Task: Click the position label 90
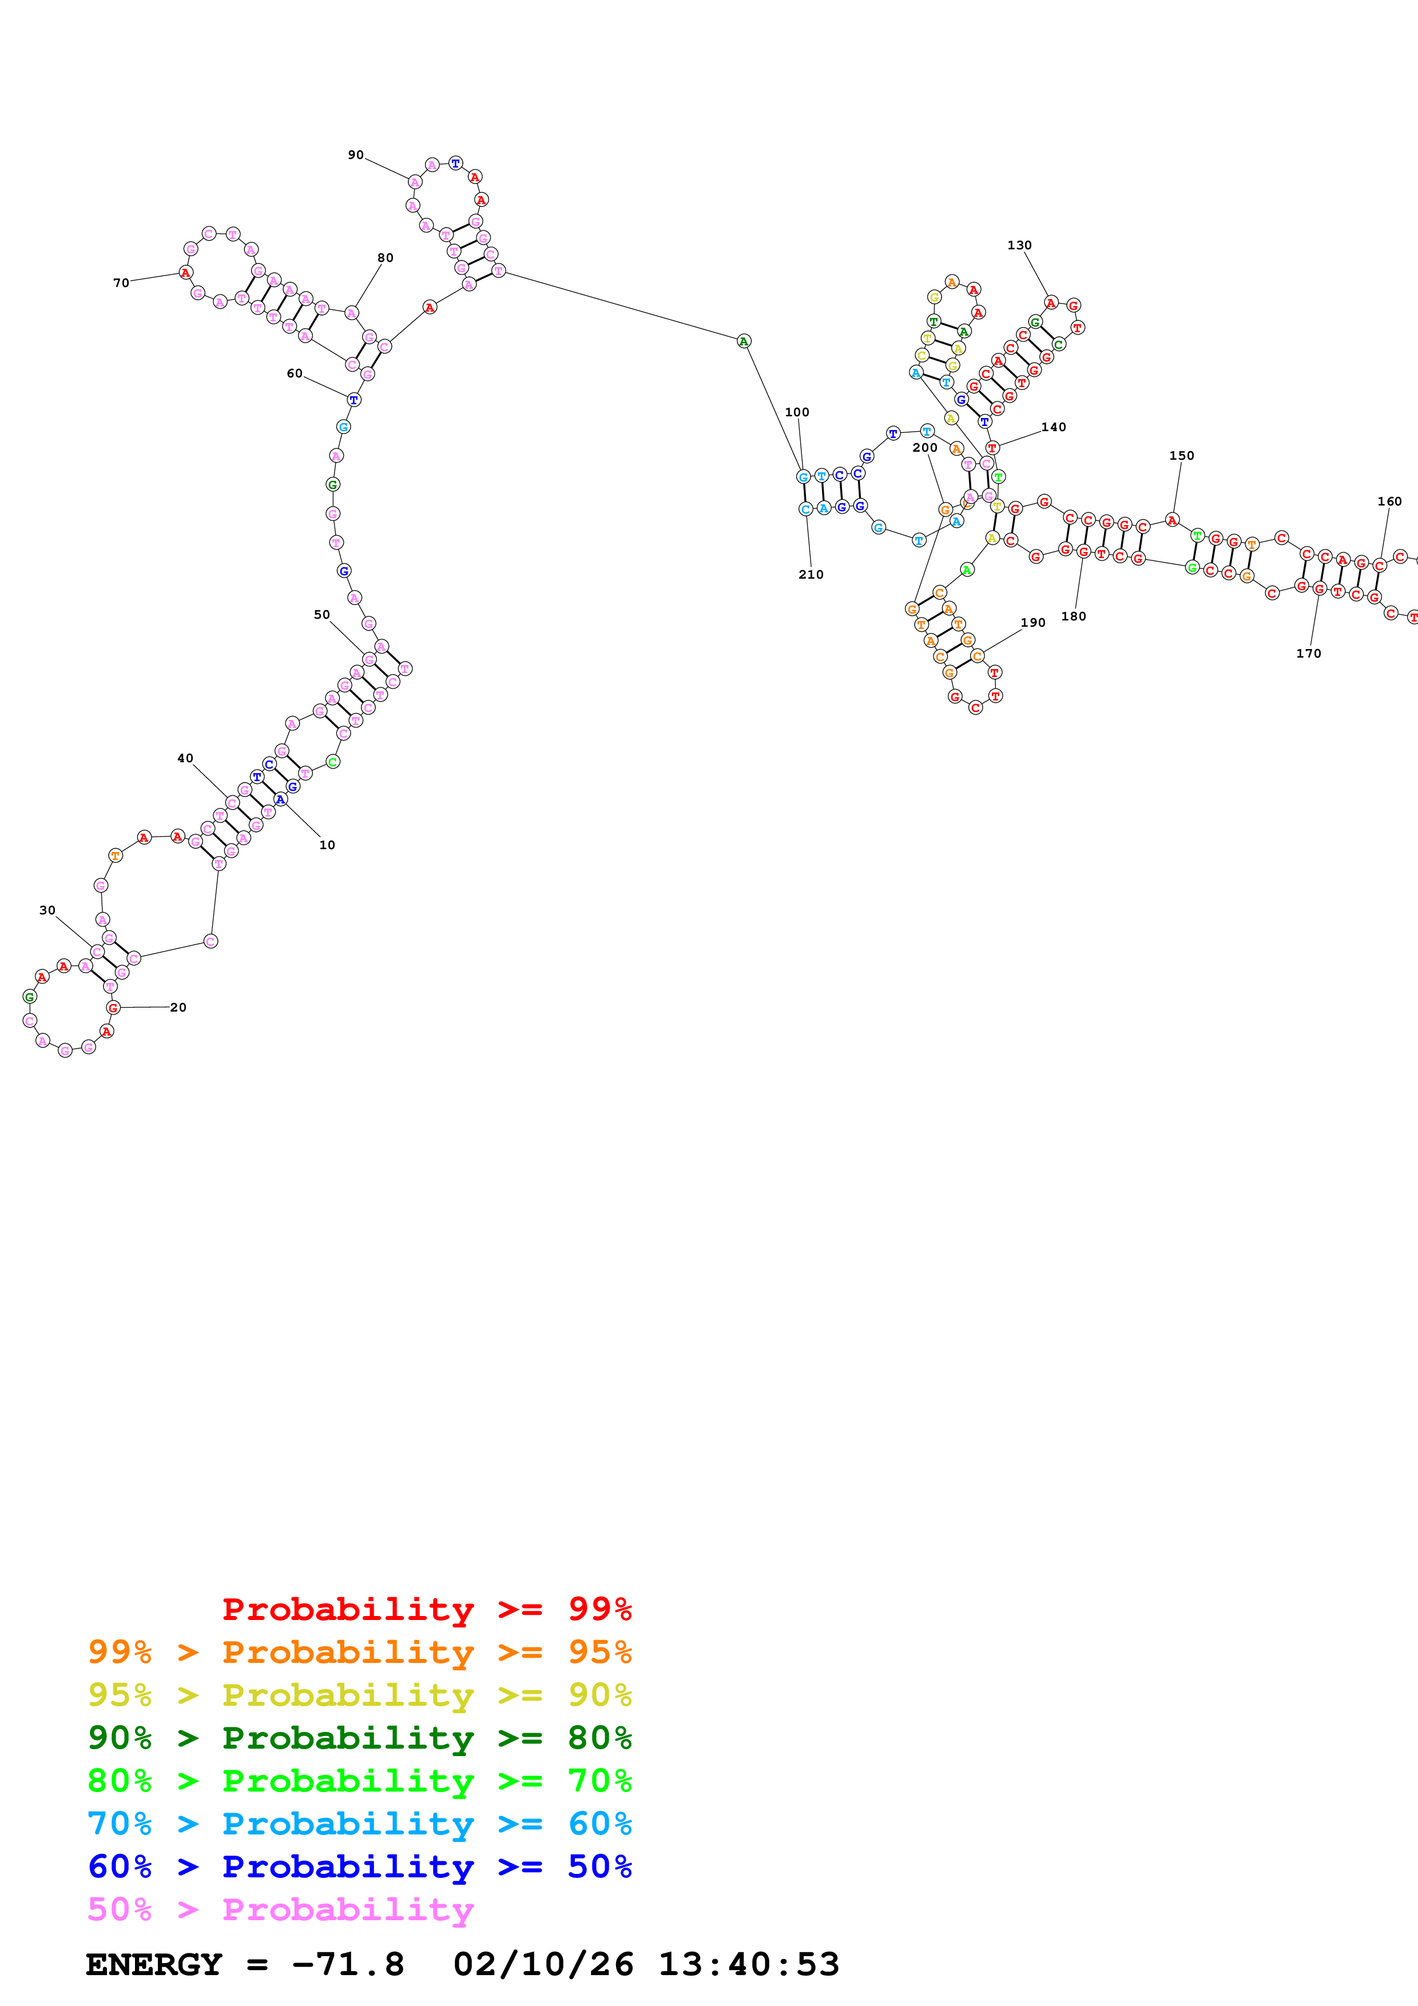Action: pyautogui.click(x=356, y=154)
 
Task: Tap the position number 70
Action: pyautogui.click(x=121, y=283)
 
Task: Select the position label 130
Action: pyautogui.click(x=1019, y=245)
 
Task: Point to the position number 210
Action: pyautogui.click(x=810, y=575)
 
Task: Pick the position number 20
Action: pyautogui.click(x=178, y=1008)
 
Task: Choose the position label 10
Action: pyautogui.click(x=327, y=845)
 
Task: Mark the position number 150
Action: pyautogui.click(x=1181, y=456)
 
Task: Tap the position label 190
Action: pyautogui.click(x=1032, y=623)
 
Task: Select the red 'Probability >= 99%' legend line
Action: pyautogui.click(x=426, y=1609)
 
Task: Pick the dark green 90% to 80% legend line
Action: pyautogui.click(x=359, y=1738)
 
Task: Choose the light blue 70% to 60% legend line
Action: pyautogui.click(x=359, y=1824)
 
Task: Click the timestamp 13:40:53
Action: pyautogui.click(x=748, y=1964)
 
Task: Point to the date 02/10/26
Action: pyautogui.click(x=543, y=1964)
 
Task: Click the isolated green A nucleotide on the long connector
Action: pyautogui.click(x=744, y=341)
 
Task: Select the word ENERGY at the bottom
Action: pyautogui.click(x=154, y=1964)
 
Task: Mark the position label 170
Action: pyautogui.click(x=1308, y=654)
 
